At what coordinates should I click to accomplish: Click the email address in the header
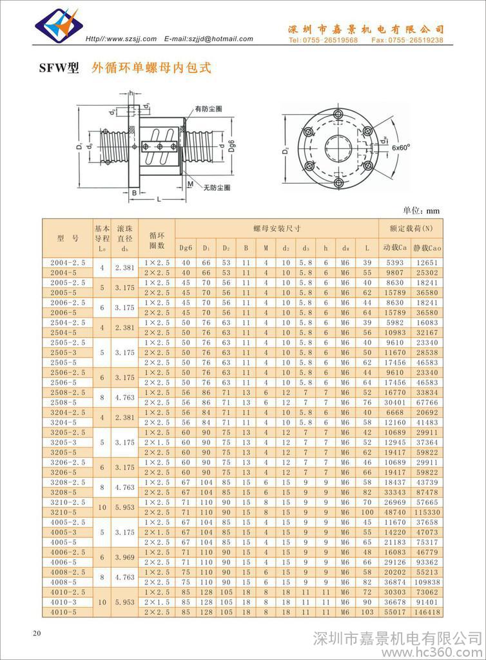click(209, 39)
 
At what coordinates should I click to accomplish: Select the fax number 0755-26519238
click(407, 41)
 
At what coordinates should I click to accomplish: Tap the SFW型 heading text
click(59, 68)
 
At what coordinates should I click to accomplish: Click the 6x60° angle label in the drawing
click(400, 148)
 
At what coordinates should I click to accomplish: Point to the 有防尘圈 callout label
click(208, 108)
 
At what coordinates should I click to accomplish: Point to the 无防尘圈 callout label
click(217, 188)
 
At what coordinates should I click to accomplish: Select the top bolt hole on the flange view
click(338, 114)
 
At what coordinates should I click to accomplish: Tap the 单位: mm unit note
click(421, 211)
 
